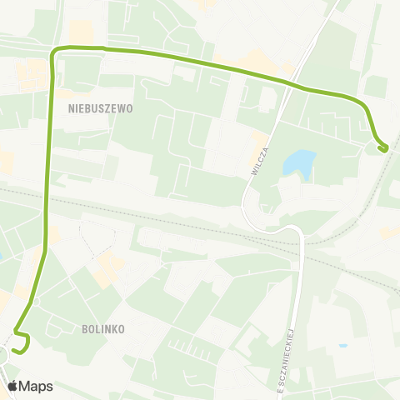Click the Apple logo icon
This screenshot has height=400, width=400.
point(12,386)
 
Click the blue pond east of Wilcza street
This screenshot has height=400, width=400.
point(299,162)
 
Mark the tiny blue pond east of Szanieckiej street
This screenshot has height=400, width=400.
point(343,344)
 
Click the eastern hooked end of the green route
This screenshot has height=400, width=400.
point(383,149)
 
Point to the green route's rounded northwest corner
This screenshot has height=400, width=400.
point(56,52)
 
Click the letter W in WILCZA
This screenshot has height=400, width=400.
point(252,171)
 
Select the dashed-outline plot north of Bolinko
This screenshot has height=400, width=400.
point(95,237)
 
